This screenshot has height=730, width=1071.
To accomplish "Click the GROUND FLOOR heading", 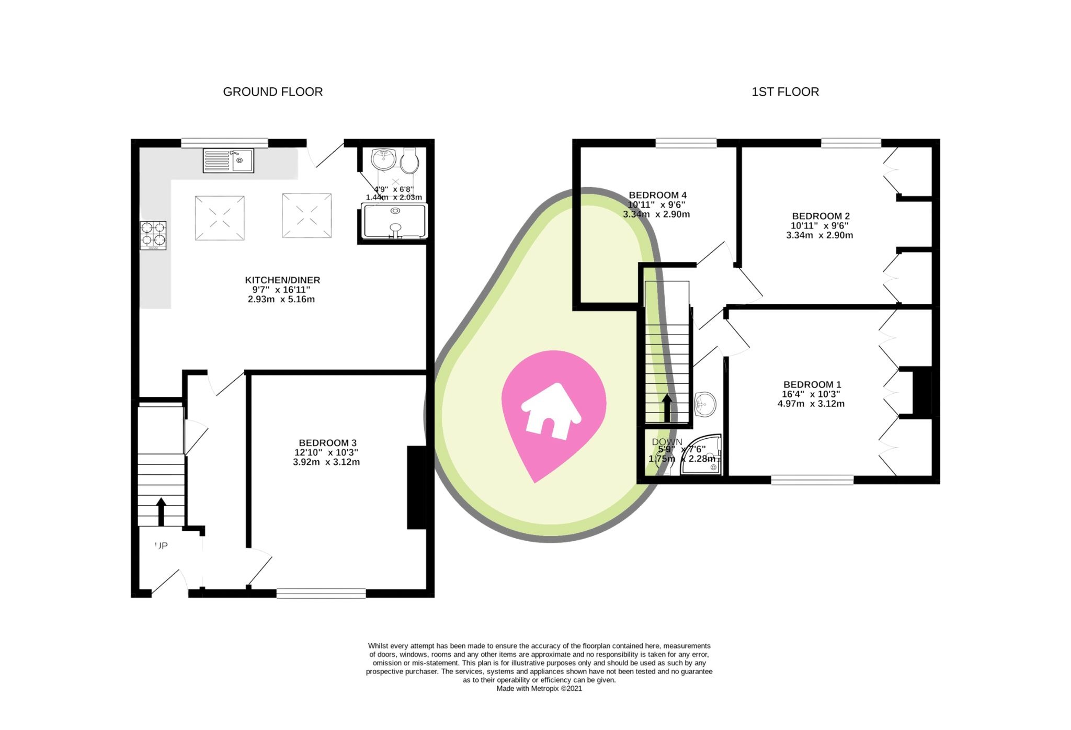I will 272,92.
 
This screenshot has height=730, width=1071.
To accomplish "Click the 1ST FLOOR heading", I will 785,92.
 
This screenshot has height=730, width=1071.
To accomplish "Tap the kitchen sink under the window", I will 228,161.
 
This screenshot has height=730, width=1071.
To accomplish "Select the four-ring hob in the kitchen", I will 153,235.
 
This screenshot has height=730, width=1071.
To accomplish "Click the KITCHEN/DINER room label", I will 282,280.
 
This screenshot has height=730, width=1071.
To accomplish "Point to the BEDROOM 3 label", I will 327,443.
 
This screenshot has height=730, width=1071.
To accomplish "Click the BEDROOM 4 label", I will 657,195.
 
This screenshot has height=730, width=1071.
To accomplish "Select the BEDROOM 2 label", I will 821,216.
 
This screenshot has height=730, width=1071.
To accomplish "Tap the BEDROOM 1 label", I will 812,384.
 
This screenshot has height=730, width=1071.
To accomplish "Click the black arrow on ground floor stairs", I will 161,511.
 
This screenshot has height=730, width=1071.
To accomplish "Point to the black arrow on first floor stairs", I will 667,407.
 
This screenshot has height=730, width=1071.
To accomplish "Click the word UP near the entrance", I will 162,546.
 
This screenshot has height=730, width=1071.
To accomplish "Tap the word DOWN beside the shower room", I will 667,442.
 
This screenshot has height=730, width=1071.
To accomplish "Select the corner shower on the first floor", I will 703,457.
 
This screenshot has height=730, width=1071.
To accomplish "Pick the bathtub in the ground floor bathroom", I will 395,221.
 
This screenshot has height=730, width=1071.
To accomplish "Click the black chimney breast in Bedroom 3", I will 417,487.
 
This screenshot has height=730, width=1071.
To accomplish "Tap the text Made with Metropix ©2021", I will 539,689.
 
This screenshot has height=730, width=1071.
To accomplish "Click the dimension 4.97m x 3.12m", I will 811,404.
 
